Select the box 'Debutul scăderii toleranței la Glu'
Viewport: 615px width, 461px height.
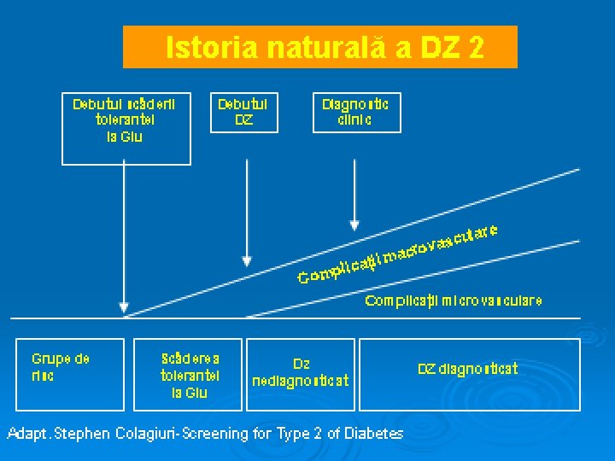click(x=126, y=127)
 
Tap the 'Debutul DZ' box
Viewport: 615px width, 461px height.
click(x=243, y=112)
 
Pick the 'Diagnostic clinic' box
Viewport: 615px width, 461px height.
click(x=355, y=112)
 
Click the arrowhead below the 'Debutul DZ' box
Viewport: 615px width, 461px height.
click(x=247, y=260)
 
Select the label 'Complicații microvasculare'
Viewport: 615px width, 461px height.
click(x=454, y=301)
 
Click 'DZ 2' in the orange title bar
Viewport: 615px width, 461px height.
click(x=452, y=47)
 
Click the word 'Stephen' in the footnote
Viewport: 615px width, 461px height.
click(x=83, y=434)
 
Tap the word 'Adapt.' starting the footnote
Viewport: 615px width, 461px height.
click(x=27, y=434)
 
